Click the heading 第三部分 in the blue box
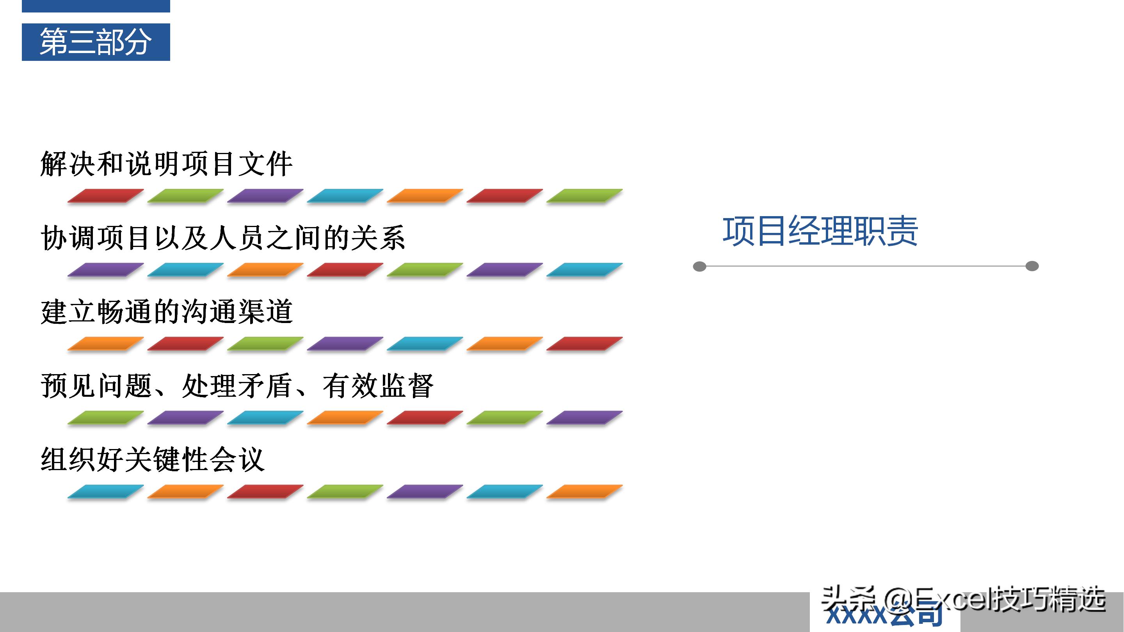click(96, 42)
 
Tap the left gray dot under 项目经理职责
click(699, 266)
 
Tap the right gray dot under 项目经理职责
click(1032, 266)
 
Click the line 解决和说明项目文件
click(166, 164)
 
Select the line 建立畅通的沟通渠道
click(166, 312)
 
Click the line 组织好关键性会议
click(153, 460)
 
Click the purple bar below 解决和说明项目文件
click(265, 195)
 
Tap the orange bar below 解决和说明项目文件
click(425, 195)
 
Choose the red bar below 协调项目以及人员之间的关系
click(345, 270)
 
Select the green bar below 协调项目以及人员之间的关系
click(425, 270)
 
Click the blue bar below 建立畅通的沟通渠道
click(425, 343)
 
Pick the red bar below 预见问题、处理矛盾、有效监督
click(425, 417)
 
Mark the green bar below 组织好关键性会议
click(345, 491)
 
